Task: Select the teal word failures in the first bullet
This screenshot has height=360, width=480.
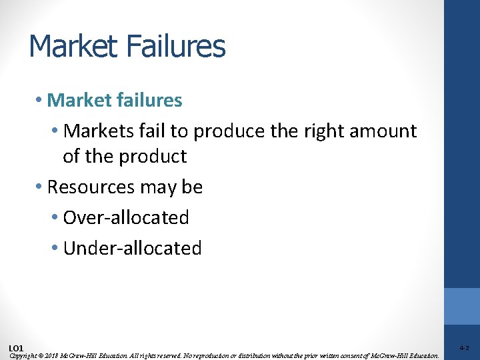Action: pos(147,100)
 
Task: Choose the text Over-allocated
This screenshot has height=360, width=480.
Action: pos(125,217)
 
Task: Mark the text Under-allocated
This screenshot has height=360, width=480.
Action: pos(132,248)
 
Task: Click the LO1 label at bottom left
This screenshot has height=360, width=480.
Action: pos(16,348)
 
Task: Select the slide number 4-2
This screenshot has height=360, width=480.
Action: pos(464,348)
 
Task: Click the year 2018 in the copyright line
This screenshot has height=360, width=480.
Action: pos(50,356)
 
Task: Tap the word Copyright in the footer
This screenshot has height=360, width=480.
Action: pos(24,356)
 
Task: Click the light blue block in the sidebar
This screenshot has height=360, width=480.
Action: pos(461,306)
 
